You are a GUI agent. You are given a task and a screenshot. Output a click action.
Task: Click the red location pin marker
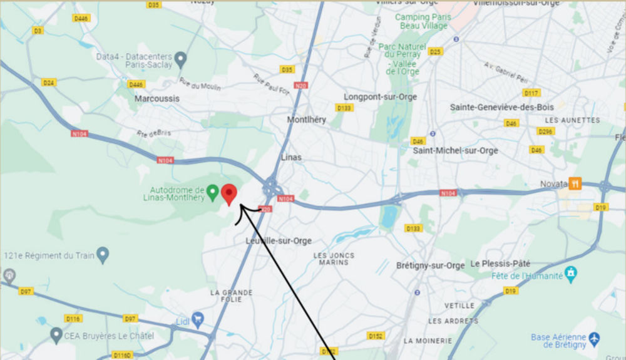click(229, 193)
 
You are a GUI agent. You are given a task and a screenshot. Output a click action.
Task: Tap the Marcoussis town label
click(157, 98)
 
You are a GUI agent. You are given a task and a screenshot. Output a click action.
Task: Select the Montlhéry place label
click(306, 120)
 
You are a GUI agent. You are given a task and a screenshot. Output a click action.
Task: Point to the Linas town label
click(291, 157)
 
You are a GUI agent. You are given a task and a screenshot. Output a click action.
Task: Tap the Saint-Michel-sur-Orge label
click(455, 150)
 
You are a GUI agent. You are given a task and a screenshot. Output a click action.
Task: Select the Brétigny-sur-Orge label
click(431, 265)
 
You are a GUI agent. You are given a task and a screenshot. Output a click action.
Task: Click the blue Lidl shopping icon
click(198, 317)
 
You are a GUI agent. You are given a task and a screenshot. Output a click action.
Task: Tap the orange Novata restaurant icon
click(575, 183)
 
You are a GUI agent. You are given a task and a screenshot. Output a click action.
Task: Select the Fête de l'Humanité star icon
click(570, 273)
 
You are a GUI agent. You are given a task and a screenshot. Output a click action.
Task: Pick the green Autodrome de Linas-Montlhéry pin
click(212, 190)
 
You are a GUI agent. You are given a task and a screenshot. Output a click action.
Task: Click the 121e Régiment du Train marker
click(103, 254)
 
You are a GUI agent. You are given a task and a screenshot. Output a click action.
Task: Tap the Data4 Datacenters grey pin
click(181, 59)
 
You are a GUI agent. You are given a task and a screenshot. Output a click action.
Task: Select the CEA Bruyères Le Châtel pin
click(56, 336)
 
